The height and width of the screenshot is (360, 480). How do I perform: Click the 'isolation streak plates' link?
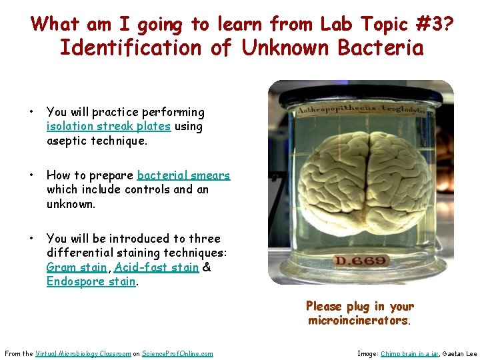coord(109,127)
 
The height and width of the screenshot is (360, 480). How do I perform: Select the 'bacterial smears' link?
coord(183,175)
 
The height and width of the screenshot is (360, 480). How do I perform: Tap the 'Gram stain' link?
coord(77,267)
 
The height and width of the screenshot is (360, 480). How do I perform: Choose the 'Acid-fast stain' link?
coord(157,267)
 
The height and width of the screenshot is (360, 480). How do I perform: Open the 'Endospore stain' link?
coord(91,282)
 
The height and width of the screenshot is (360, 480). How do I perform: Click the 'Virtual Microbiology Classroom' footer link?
coord(83,353)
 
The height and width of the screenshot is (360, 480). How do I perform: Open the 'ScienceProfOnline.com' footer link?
coord(177,353)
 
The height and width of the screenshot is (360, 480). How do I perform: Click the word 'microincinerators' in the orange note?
coord(359,321)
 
